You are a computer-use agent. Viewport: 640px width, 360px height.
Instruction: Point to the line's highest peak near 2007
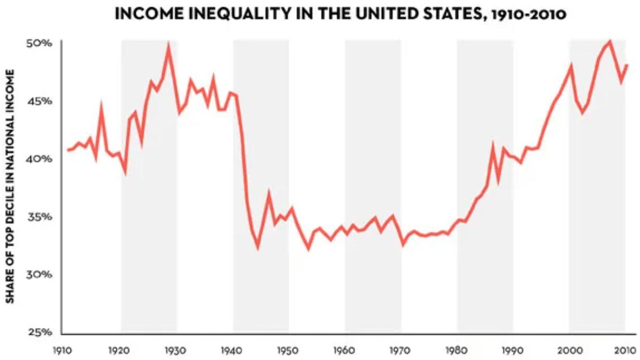pos(610,41)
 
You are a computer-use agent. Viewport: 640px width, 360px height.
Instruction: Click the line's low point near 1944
pos(258,248)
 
